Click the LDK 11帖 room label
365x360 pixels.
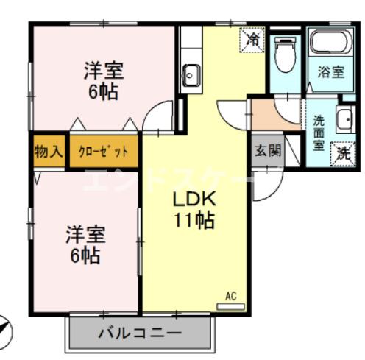(x=194, y=209)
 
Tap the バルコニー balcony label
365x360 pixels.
(x=141, y=333)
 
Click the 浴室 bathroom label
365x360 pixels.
(x=330, y=71)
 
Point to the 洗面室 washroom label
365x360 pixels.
(x=319, y=132)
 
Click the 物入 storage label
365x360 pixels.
(x=49, y=152)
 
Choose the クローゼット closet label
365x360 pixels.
(x=103, y=152)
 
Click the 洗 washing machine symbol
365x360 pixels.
(x=343, y=152)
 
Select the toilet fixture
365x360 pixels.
(x=284, y=53)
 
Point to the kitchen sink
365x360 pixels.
(x=191, y=74)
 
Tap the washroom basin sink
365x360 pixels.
(x=344, y=118)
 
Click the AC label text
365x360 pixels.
(x=230, y=297)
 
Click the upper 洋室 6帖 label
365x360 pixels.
(x=102, y=82)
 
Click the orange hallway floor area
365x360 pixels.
(x=274, y=114)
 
